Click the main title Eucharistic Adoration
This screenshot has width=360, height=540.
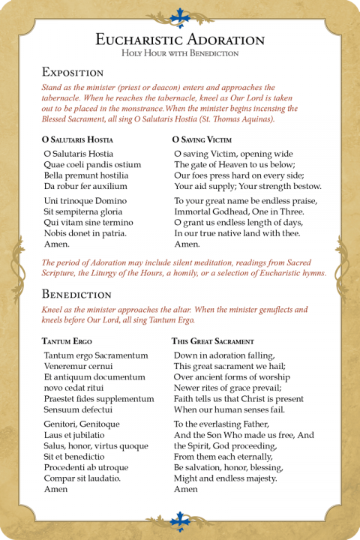coord(180,39)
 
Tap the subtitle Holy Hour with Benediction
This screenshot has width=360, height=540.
coord(180,53)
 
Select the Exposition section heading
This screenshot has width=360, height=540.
coord(72,73)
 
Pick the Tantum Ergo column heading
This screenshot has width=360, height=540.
coord(67,341)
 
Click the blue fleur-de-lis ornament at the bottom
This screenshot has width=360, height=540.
coord(180,520)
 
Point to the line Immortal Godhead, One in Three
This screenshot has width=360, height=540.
coord(238,212)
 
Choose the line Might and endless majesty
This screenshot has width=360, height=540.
coord(226,478)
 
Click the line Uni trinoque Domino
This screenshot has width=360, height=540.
coord(85,201)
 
